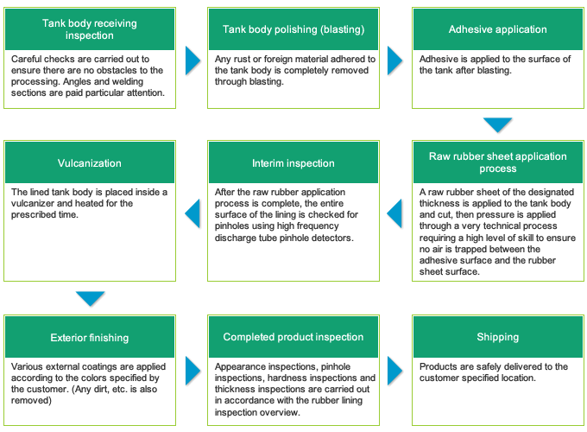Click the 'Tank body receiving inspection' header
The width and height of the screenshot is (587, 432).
90,29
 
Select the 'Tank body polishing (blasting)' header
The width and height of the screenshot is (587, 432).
293,29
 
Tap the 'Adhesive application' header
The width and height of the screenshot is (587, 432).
498,29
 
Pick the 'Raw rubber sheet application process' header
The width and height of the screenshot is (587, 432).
498,162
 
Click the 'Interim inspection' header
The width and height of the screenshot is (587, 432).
293,163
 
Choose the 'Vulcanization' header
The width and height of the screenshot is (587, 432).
90,163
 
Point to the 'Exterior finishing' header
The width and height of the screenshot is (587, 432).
90,337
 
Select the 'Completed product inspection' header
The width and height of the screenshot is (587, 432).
293,337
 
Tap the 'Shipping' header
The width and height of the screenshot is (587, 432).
498,337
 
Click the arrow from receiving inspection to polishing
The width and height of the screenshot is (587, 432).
193,60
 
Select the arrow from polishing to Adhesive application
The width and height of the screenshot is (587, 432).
394,60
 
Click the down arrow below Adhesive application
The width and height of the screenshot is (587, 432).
497,124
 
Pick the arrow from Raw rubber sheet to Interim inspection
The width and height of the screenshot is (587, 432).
394,213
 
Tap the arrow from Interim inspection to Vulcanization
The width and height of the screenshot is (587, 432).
193,213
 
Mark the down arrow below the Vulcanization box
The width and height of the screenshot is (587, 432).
91,299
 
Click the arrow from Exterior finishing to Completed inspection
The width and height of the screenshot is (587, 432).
193,371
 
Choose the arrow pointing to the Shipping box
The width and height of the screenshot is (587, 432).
394,371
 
